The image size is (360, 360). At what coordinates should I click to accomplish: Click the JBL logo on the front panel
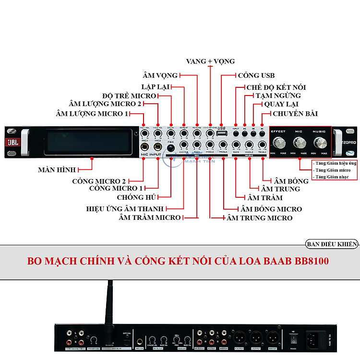[12, 142]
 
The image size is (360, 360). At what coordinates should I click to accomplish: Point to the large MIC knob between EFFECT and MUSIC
[299, 143]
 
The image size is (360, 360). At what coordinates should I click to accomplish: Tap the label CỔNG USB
[256, 75]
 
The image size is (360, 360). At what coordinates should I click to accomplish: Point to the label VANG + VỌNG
[210, 61]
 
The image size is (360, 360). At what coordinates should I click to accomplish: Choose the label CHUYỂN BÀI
[295, 114]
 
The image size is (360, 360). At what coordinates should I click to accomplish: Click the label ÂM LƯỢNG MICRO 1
[92, 114]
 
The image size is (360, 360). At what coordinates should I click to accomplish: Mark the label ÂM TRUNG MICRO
[259, 218]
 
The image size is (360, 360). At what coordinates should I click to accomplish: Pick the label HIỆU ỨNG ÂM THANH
[125, 209]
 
